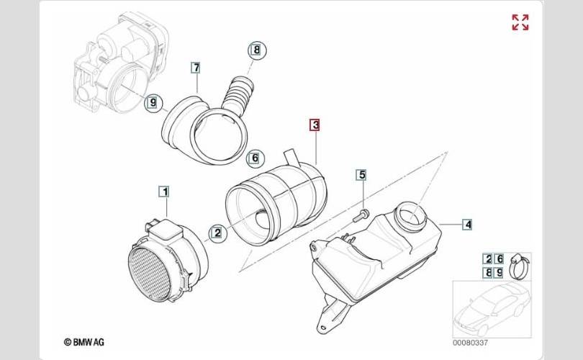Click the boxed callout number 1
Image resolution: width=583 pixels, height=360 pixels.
(x=164, y=192)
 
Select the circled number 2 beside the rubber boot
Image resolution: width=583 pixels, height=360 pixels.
(x=216, y=232)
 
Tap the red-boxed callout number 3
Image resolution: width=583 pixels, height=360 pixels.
(x=315, y=125)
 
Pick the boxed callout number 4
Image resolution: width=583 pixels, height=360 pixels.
(x=467, y=225)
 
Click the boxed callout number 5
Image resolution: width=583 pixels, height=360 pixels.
(x=362, y=175)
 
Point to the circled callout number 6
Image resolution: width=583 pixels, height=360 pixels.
(x=253, y=158)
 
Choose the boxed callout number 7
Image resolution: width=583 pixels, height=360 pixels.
(x=195, y=68)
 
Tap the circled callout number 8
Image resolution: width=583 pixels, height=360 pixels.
(x=256, y=50)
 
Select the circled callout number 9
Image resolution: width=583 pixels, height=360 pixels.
(x=151, y=103)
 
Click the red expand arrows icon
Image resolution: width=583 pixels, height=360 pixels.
(x=520, y=22)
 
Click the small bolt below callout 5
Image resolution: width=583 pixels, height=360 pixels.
(x=362, y=213)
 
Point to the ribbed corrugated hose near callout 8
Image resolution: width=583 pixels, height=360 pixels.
(x=238, y=94)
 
